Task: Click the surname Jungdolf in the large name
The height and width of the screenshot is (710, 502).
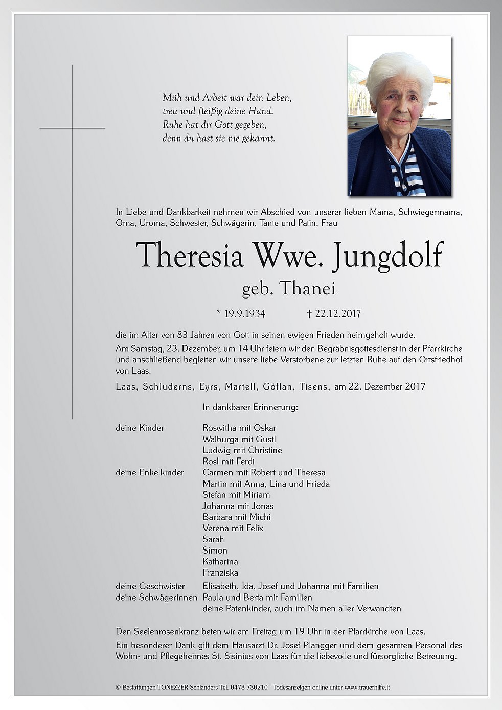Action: tap(386, 255)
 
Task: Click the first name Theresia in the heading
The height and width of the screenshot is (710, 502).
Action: tap(189, 255)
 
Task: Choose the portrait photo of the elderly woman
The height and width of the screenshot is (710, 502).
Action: tap(399, 116)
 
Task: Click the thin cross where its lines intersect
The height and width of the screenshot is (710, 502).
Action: tap(73, 128)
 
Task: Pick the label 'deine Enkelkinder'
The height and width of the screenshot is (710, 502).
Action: tap(150, 472)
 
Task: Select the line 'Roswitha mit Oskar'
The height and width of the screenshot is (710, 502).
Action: tap(239, 428)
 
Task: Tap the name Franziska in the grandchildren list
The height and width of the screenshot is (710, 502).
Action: tap(220, 572)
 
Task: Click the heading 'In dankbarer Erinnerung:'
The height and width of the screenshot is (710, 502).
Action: tap(250, 407)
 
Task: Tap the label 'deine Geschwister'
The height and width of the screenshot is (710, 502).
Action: tap(150, 586)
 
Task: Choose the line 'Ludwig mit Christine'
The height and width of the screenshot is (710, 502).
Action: tap(242, 450)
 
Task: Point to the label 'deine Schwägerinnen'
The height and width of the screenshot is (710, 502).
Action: tap(156, 597)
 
